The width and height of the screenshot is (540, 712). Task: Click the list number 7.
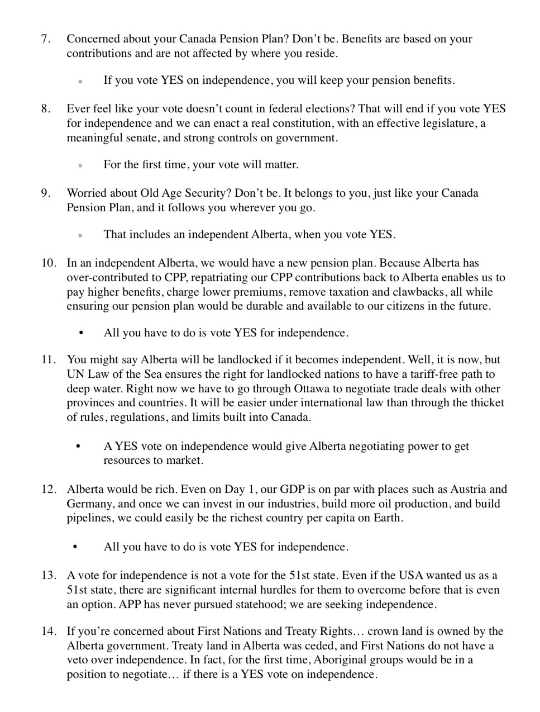(45, 39)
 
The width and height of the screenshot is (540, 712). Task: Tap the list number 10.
(48, 263)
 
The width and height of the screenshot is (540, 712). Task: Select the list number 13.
(48, 576)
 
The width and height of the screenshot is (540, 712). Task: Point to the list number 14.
(48, 632)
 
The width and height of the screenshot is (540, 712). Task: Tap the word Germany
(89, 504)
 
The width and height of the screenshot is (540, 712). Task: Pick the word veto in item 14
(78, 660)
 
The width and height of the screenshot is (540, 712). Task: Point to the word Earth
(386, 518)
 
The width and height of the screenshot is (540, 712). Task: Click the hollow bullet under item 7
(80, 82)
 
